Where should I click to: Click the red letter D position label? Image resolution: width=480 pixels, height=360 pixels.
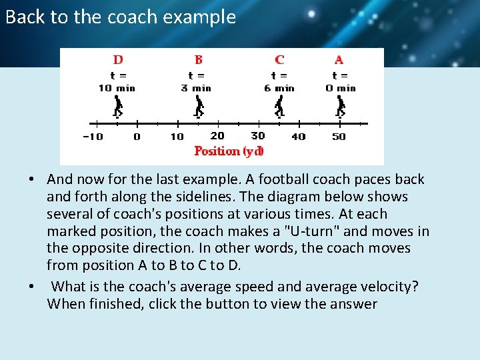tap(118, 60)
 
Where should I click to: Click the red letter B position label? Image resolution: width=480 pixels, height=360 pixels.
tap(199, 60)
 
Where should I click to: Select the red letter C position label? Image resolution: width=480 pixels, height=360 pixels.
tap(279, 60)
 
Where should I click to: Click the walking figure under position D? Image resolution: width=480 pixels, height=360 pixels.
tap(118, 106)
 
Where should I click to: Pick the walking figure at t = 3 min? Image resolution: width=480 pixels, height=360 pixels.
tap(199, 106)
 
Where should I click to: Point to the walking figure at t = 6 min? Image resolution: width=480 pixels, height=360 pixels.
tap(279, 106)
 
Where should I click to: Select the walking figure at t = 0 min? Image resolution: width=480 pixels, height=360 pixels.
tap(341, 106)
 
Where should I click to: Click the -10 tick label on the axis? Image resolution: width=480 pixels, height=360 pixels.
tap(93, 137)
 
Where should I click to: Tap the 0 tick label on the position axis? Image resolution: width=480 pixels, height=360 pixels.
tap(137, 137)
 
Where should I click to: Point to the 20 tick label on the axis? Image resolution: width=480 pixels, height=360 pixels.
tap(217, 136)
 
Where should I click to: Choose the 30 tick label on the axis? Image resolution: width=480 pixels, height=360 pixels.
tap(258, 136)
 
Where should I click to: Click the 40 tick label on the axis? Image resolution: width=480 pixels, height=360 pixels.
tap(299, 137)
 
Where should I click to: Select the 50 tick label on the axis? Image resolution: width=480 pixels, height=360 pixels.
tap(339, 137)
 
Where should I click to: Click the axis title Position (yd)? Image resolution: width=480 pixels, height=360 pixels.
tap(229, 151)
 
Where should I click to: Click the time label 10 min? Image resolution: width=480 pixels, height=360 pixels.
tap(117, 88)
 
